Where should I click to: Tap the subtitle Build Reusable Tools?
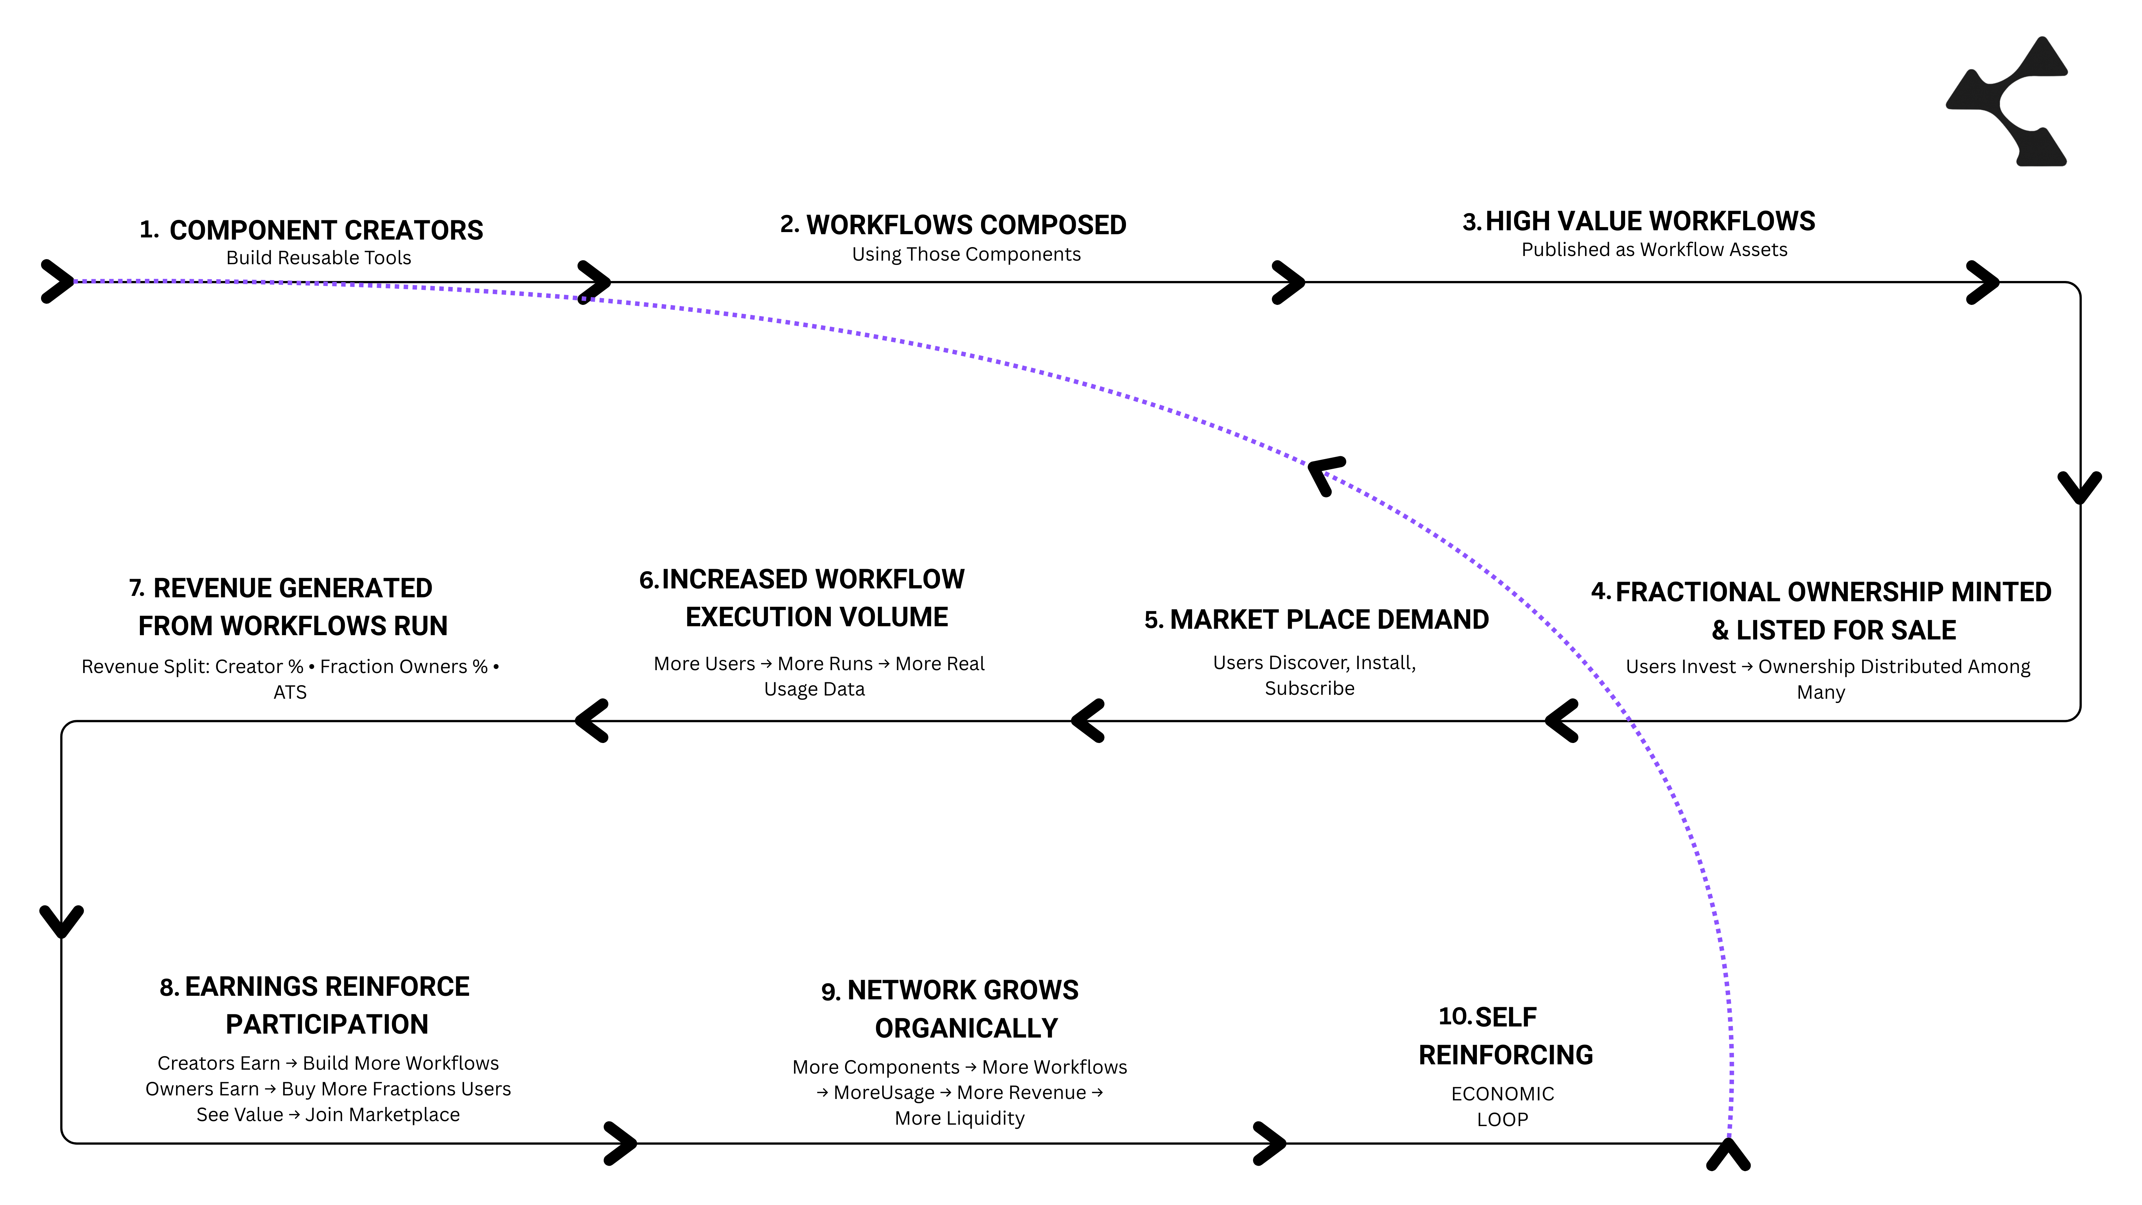point(318,258)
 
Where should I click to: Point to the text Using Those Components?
point(966,255)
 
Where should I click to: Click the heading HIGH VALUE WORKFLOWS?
point(1650,221)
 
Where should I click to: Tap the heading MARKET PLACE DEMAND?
point(1329,619)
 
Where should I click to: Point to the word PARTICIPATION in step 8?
point(327,1025)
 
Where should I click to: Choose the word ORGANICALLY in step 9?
point(966,1029)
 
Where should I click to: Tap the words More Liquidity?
point(960,1119)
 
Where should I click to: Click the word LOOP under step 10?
point(1502,1120)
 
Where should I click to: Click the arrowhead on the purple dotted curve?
point(1324,474)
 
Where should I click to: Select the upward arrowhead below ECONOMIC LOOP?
point(1729,1154)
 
